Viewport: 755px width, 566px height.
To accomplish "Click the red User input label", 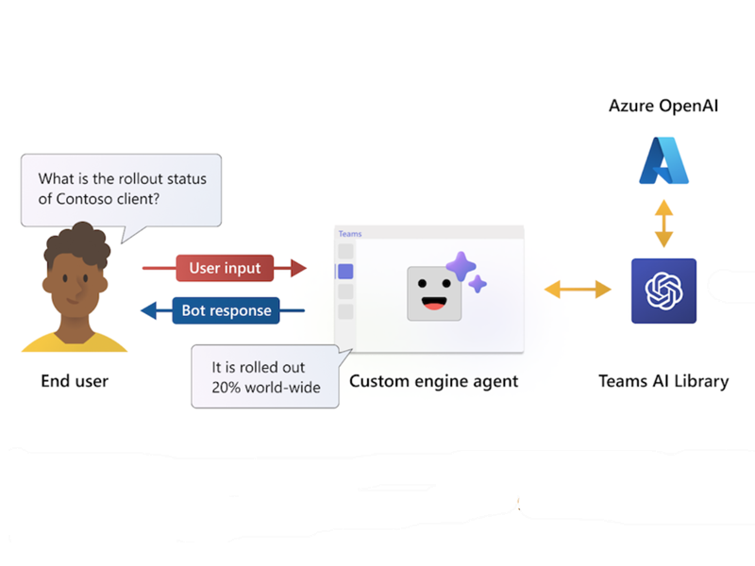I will [225, 268].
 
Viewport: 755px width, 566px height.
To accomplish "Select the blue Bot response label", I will [226, 310].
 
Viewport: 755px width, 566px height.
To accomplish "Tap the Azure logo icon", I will [664, 159].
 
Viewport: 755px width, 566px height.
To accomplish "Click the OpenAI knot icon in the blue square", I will [663, 291].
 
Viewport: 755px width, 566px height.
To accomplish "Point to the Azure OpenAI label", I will [663, 106].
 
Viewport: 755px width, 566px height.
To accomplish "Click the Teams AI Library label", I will [663, 381].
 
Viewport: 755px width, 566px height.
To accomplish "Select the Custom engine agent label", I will [433, 381].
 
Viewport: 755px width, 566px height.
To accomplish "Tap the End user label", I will [75, 381].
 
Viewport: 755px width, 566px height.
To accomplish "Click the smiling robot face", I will [434, 292].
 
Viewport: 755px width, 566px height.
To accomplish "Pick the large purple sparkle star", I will [461, 268].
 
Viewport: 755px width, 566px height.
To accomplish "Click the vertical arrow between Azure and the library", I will [664, 223].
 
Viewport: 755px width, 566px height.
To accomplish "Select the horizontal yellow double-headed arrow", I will [578, 291].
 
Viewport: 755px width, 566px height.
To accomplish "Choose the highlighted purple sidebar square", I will [345, 272].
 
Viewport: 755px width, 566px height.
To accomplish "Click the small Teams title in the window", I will [350, 234].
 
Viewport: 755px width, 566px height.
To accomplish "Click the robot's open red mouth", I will [434, 303].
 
